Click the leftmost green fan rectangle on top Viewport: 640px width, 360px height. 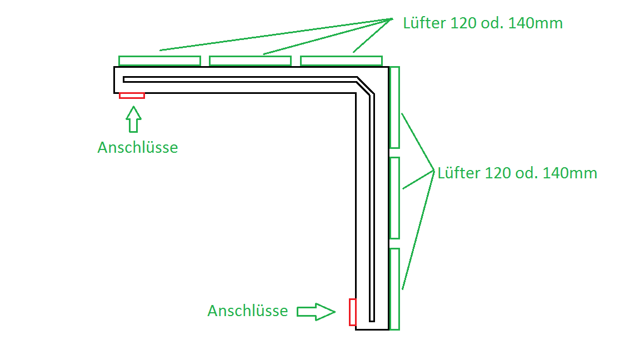pyautogui.click(x=159, y=61)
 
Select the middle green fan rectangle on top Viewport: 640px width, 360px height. pyautogui.click(x=250, y=61)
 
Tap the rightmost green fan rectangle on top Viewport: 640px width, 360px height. pyautogui.click(x=341, y=61)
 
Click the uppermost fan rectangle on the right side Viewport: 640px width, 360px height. pyautogui.click(x=394, y=107)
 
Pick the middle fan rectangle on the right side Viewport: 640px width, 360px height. pyautogui.click(x=394, y=198)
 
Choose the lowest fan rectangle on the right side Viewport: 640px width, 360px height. pyautogui.click(x=394, y=289)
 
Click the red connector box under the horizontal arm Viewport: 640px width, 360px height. pyautogui.click(x=132, y=96)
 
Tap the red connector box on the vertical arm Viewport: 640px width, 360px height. pyautogui.click(x=352, y=312)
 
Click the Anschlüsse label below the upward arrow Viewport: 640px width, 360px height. pyautogui.click(x=138, y=148)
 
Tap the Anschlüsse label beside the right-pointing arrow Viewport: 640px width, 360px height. pyautogui.click(x=248, y=311)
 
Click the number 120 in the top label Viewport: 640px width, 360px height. pyautogui.click(x=464, y=23)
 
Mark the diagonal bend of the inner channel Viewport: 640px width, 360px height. pyautogui.click(x=364, y=87)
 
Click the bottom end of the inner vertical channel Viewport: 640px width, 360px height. pyautogui.click(x=372, y=319)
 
